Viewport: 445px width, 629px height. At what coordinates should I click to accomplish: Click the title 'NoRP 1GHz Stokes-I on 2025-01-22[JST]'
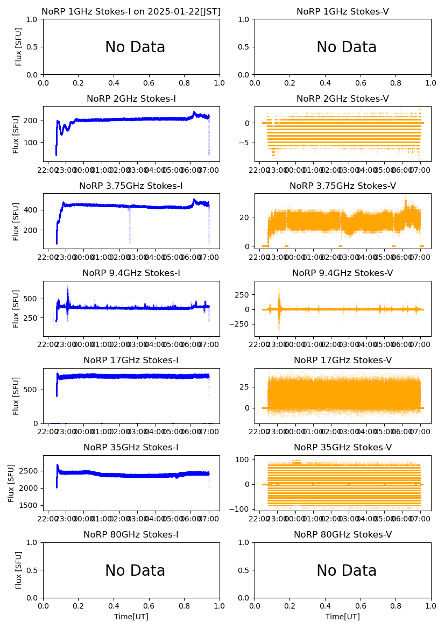point(131,11)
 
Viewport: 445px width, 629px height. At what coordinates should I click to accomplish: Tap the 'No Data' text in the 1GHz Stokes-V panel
point(346,47)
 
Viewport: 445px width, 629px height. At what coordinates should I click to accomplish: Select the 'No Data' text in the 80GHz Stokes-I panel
point(135,570)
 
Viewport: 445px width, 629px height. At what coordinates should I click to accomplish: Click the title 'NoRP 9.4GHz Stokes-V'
point(343,273)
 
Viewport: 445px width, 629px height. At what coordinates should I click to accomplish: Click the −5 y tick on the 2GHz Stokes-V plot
point(247,143)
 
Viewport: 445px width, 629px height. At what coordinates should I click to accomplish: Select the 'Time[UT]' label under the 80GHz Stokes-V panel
point(343,617)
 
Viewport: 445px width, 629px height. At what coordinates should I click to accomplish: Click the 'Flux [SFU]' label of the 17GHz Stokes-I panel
point(16,395)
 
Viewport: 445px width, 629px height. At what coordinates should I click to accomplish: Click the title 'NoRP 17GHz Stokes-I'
point(131,361)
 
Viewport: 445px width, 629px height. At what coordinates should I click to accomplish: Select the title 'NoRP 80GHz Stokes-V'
point(343,535)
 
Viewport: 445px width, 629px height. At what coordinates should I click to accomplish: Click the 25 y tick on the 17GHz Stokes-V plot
point(245,386)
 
